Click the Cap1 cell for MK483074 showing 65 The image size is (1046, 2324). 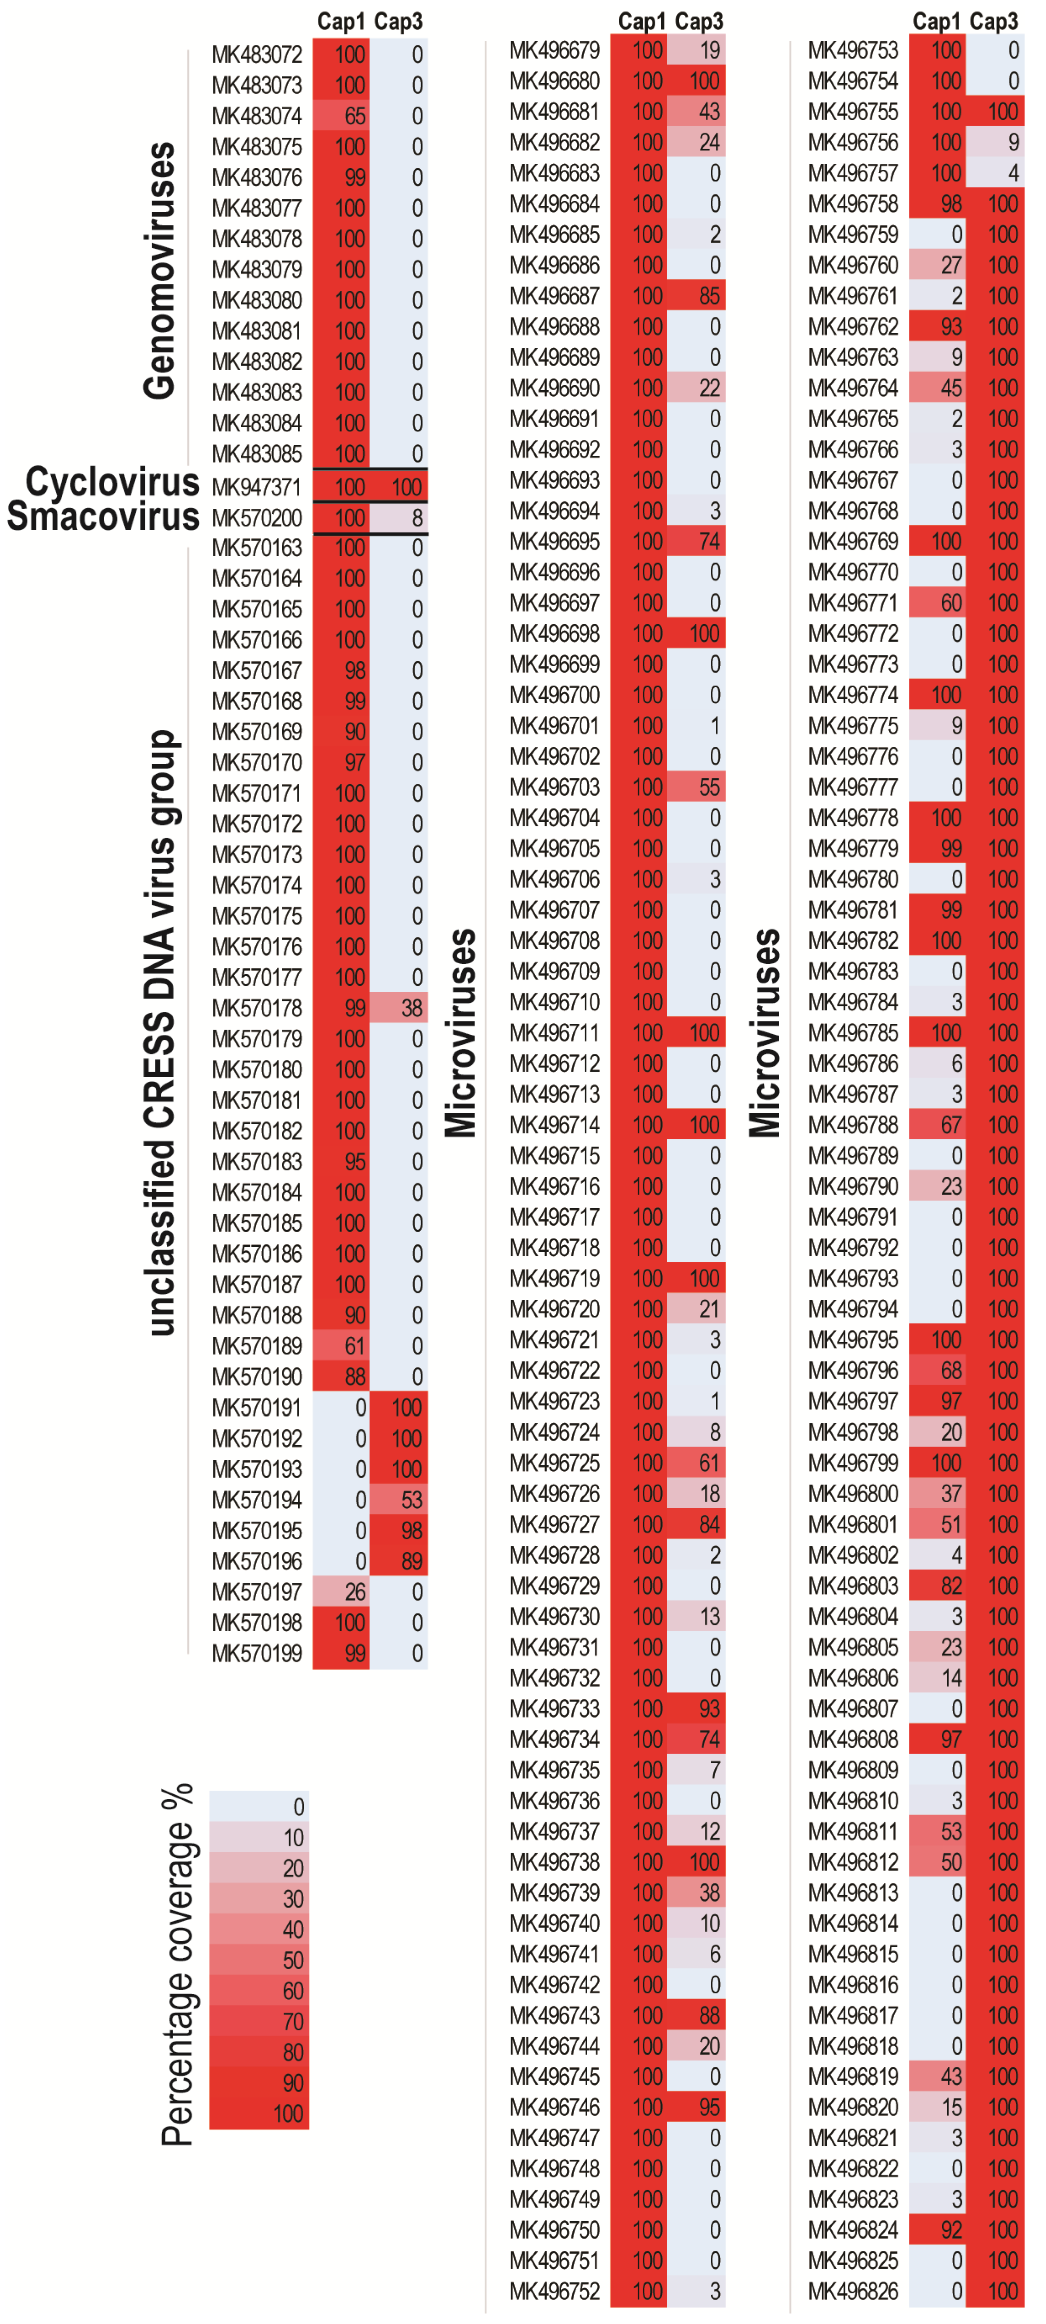(x=341, y=116)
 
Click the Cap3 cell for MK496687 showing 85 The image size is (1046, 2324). (x=696, y=296)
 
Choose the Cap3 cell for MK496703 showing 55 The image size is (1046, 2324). (x=696, y=788)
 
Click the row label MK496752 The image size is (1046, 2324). (x=554, y=2292)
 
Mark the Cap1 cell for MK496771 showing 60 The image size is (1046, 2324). (x=937, y=603)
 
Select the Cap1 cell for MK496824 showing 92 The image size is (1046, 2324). (x=937, y=2230)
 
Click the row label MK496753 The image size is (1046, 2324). (x=853, y=50)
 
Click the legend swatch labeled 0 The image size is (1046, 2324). (x=259, y=1807)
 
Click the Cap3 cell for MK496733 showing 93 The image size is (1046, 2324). (x=696, y=1709)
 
